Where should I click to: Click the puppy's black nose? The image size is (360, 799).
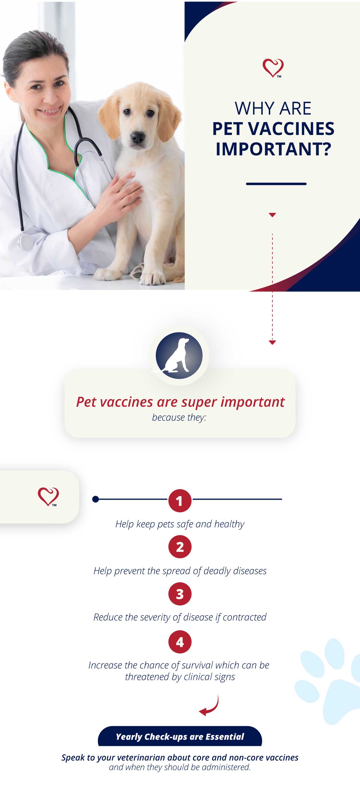137,136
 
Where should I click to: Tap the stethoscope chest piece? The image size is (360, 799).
25,242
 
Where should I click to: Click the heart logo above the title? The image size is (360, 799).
273,68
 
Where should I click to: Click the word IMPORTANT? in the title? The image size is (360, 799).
273,149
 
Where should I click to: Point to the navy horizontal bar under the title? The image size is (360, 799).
276,184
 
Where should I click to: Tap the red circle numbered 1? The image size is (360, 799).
180,500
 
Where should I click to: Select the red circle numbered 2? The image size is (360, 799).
180,547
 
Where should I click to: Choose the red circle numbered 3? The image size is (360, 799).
180,594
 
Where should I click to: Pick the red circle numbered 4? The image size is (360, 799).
180,642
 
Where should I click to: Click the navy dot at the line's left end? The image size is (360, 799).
96,499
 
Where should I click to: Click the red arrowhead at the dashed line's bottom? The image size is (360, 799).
272,343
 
